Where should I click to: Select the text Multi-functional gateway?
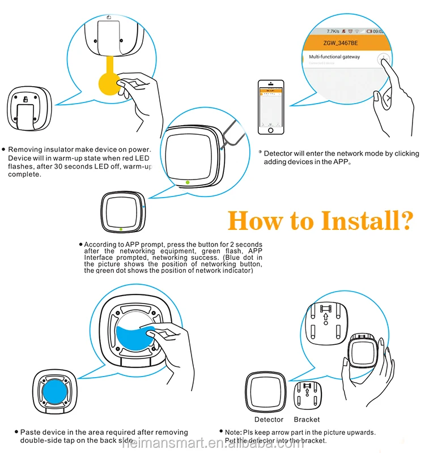334,57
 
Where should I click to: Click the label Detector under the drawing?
269,420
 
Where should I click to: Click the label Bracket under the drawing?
307,420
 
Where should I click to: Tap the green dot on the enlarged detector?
188,182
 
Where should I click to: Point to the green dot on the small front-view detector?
121,229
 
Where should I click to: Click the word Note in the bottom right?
234,433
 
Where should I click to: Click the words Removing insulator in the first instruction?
42,149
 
